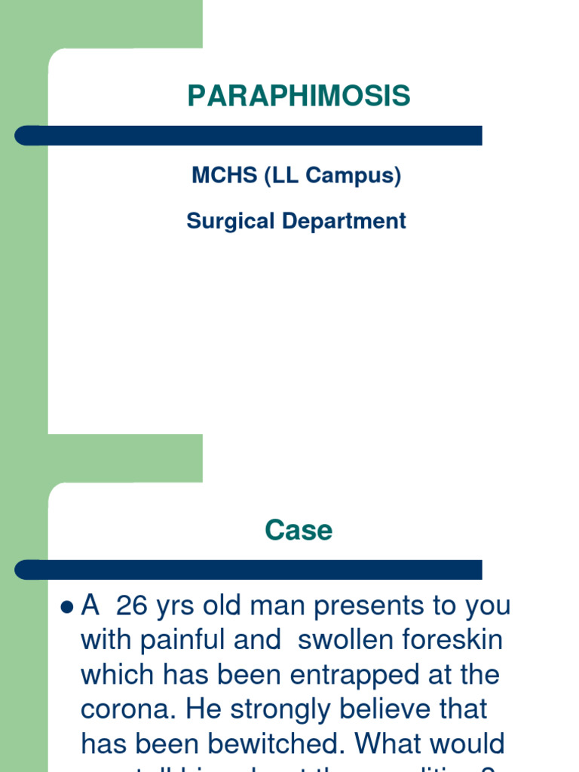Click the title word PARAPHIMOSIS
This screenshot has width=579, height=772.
coord(299,96)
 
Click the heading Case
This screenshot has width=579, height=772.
coord(299,530)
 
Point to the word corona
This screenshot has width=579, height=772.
coord(122,709)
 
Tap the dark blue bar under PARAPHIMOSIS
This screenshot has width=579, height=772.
coord(249,136)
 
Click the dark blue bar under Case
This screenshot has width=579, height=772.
coord(249,570)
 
